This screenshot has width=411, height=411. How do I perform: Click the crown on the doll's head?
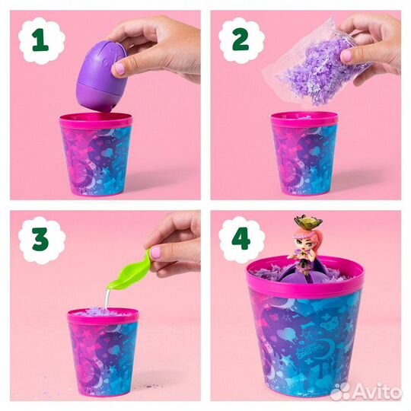tap(308, 222)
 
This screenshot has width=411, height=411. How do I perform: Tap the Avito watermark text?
tap(378, 392)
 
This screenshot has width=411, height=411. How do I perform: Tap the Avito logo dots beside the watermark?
tap(340, 392)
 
